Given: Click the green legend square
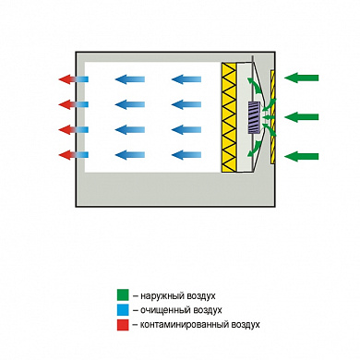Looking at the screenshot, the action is [123, 295].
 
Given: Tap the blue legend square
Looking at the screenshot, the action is [123, 310].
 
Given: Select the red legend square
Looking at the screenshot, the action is [123, 325].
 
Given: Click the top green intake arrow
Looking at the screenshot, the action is [302, 78].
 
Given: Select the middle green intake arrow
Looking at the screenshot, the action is [302, 117].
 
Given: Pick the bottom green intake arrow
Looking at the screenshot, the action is [302, 156].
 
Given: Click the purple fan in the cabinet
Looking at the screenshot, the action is [254, 117].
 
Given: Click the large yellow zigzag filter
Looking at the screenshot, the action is [229, 117].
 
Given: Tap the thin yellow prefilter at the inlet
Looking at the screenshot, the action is [273, 117].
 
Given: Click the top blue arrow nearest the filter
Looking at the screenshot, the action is [186, 79].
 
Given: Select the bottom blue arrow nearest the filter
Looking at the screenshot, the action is [186, 155].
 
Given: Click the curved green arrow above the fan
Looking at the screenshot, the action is [255, 86].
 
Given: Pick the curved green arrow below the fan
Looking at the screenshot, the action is [255, 149].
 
